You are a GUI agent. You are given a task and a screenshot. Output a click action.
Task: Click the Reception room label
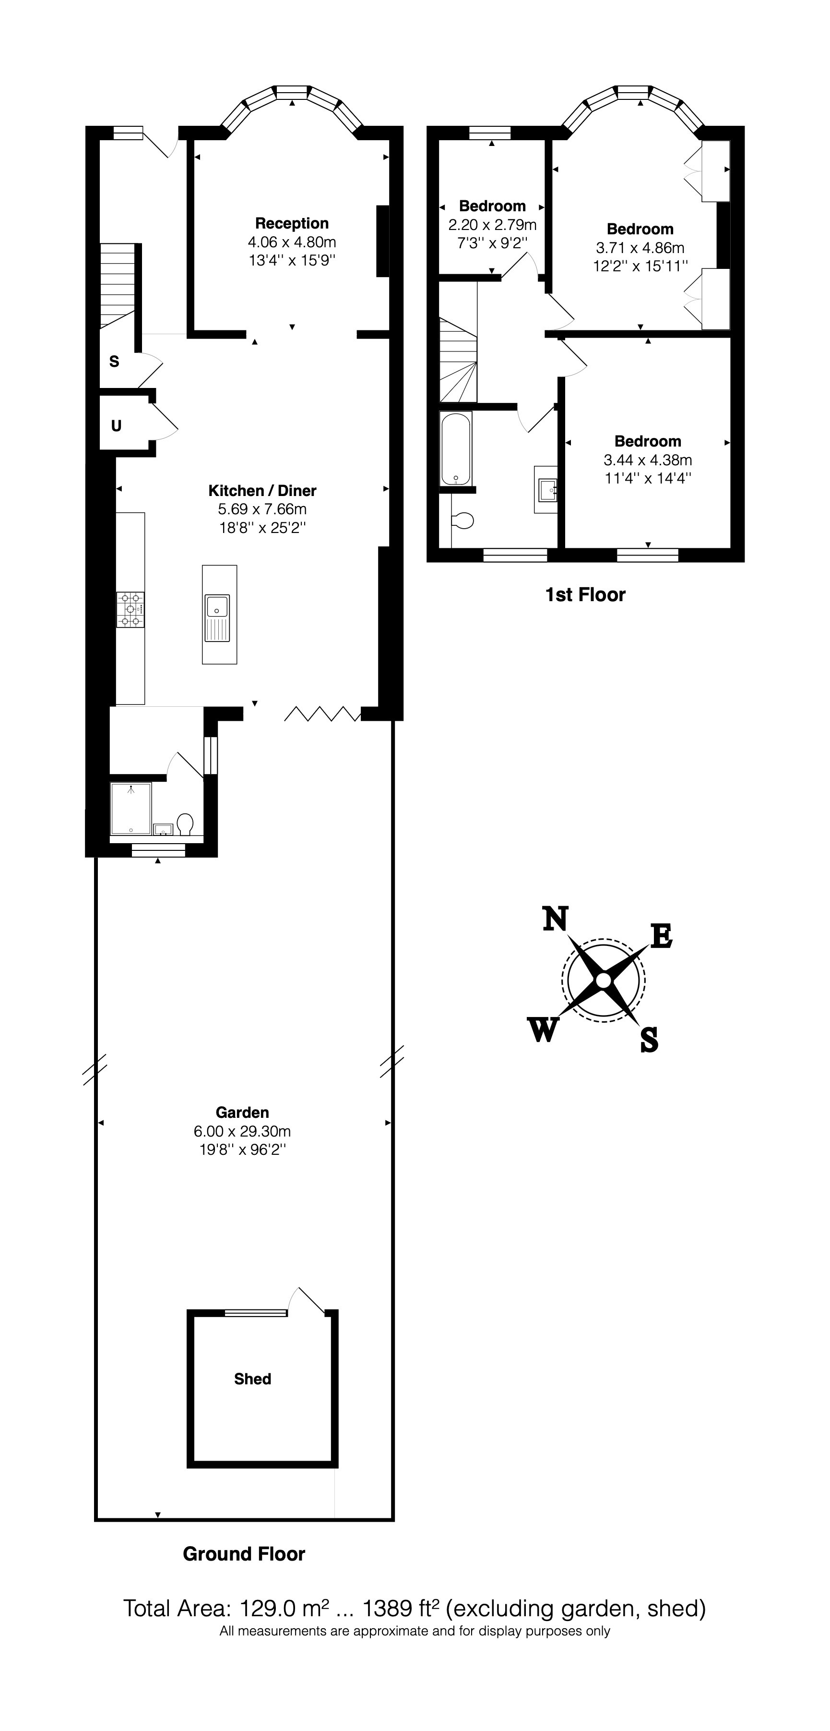point(291,223)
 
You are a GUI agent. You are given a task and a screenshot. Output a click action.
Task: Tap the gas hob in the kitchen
point(130,609)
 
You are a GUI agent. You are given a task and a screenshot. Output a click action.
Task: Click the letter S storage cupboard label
point(114,362)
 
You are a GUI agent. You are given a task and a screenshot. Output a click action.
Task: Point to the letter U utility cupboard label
point(116,426)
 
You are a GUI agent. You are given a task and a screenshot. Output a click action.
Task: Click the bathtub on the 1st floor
point(456,448)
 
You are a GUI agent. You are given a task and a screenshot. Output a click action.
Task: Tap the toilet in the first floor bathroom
point(463,520)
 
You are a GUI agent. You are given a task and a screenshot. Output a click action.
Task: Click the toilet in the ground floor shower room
point(185,824)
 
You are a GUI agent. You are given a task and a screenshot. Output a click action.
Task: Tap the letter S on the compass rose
point(649,1040)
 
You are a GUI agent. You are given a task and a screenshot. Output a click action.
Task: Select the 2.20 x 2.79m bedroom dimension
point(492,224)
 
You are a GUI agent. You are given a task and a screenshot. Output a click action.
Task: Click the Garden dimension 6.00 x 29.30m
point(242,1131)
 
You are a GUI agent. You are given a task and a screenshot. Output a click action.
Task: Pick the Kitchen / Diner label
point(262,491)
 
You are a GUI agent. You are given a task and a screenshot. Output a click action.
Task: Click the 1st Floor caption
point(585,595)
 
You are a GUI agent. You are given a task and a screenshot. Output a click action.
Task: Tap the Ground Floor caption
point(244,1554)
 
